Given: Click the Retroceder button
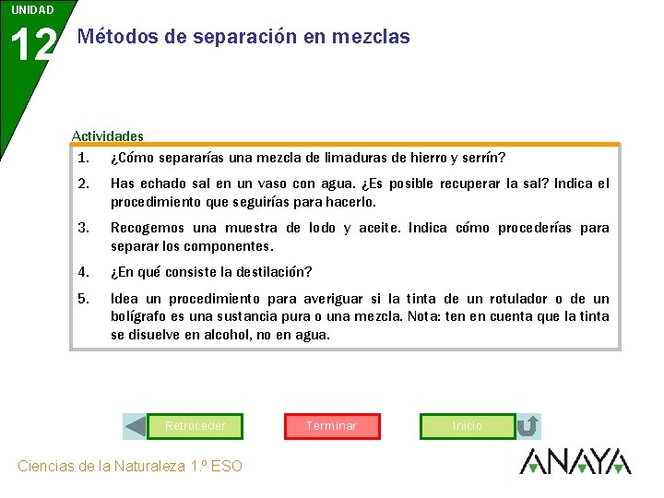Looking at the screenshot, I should [195, 426].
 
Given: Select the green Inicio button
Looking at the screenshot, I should [468, 426].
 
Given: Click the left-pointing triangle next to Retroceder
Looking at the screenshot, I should [136, 426].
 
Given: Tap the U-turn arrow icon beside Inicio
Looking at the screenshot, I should [528, 426].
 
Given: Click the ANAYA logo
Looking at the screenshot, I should [575, 461].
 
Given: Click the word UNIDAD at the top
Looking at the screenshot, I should [32, 10].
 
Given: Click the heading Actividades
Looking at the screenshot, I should [108, 136].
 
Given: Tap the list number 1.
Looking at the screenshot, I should [83, 157].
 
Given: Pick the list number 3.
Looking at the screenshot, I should [83, 228].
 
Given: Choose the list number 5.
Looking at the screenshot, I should [83, 299].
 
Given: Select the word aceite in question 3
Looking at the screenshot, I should [376, 228].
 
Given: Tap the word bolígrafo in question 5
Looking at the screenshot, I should [140, 316].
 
